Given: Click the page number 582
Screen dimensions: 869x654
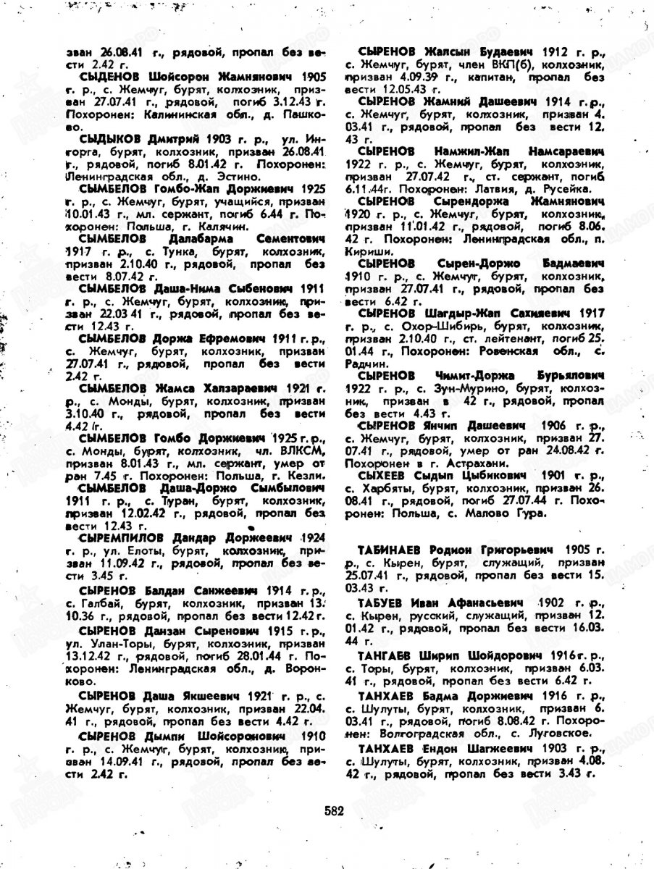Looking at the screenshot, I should click(x=334, y=810).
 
